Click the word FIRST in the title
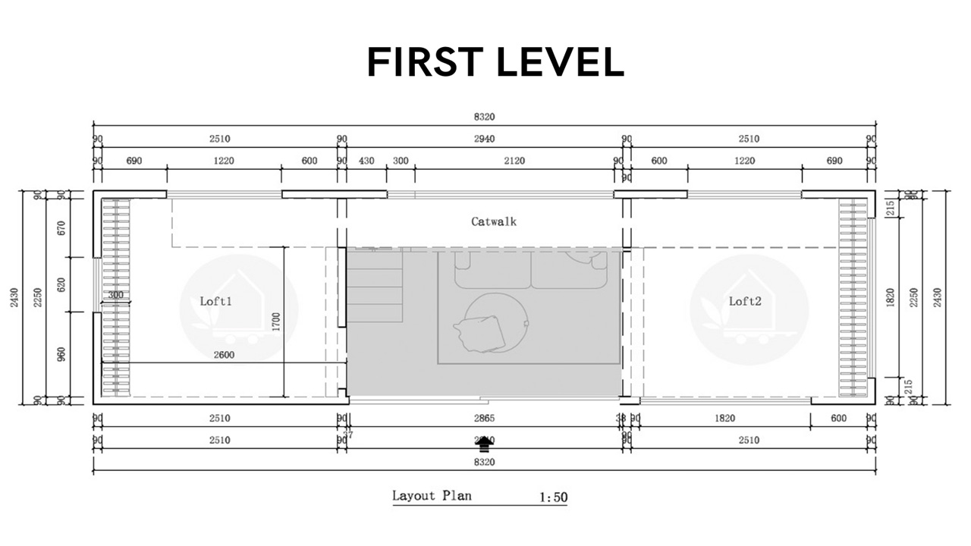pos(428,62)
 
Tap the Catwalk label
pos(493,221)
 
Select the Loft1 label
pos(215,301)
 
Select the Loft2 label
pos(744,301)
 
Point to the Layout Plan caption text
pos(431,496)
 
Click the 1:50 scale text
pos(553,497)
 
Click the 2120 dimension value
pos(514,161)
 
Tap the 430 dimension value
pos(366,161)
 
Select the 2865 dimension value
pos(483,418)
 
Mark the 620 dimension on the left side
pos(62,284)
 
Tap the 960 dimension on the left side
pos(62,354)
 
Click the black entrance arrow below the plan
pos(484,443)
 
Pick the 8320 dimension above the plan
pos(483,117)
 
